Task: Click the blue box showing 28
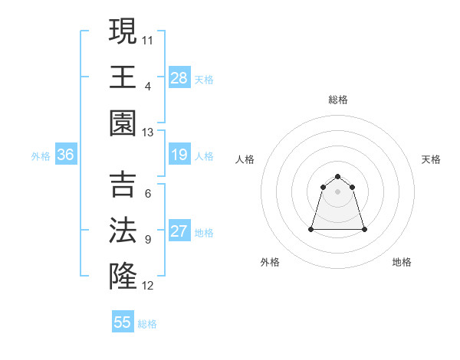tap(179, 77)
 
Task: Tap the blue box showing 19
tap(179, 155)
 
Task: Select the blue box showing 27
tap(179, 231)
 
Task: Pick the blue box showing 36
tap(66, 155)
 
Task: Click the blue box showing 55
tap(123, 322)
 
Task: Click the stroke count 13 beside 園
tap(148, 133)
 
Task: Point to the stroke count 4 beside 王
tap(148, 86)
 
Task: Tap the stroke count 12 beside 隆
tap(148, 286)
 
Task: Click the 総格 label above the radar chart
tap(338, 100)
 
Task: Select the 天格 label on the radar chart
tap(432, 159)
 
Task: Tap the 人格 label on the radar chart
tap(245, 159)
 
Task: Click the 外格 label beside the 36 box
tap(41, 156)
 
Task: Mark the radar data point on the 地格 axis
tap(364, 229)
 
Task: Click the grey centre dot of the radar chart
tap(338, 191)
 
